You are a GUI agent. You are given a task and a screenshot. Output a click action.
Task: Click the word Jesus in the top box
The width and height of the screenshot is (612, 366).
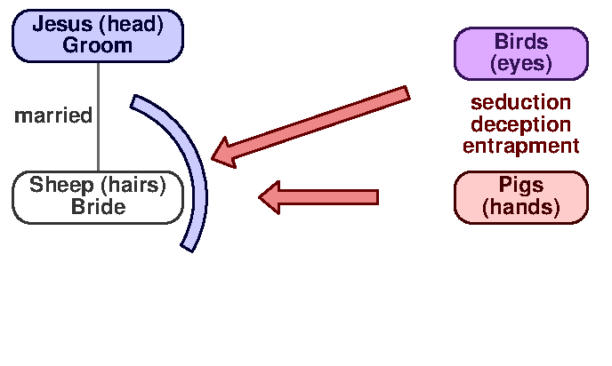[x=60, y=25]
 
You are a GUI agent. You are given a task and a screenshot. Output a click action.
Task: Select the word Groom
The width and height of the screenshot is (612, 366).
[x=97, y=45]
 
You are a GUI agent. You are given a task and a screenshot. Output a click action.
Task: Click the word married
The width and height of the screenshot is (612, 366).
[x=53, y=115]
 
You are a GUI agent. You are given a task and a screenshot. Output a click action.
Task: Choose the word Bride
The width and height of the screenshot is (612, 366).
[x=98, y=207]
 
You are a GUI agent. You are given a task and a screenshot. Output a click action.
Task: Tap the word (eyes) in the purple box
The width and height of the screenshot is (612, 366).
[x=520, y=64]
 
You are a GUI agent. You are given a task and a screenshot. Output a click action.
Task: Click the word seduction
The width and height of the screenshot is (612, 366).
[x=520, y=103]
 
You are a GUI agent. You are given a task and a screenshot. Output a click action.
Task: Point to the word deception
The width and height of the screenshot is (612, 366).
[x=520, y=124]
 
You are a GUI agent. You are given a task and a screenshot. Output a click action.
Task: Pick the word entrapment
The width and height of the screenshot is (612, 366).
[x=520, y=146]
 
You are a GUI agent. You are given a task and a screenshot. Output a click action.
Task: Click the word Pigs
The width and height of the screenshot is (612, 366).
[x=520, y=187]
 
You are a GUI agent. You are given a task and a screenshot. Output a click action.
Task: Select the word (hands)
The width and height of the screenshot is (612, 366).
[x=520, y=208]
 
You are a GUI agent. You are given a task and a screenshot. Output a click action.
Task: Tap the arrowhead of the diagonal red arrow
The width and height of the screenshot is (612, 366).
[x=222, y=153]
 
